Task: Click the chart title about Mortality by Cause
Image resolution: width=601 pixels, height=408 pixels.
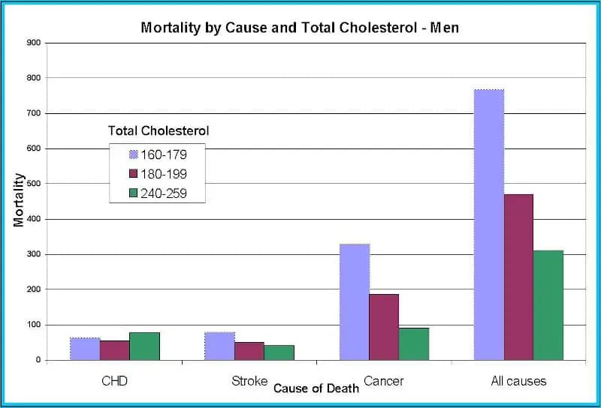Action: tap(300, 28)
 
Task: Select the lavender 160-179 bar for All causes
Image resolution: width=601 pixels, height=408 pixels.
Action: tap(489, 225)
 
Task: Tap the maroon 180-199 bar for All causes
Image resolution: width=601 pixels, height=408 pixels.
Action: tap(518, 277)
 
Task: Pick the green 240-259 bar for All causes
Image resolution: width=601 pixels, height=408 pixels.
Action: tap(548, 305)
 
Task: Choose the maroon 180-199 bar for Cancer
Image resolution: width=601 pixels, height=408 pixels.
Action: tap(384, 327)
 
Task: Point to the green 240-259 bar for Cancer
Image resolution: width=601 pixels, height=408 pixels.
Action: tap(414, 343)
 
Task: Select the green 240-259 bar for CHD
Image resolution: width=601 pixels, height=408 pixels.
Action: tap(144, 346)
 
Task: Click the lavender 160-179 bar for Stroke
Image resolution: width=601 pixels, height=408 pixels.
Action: tap(219, 346)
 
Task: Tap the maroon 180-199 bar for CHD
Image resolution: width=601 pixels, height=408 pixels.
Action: tap(114, 350)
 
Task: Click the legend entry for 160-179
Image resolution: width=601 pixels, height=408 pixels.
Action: tap(158, 154)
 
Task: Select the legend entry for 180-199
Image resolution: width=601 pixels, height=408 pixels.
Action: tap(158, 173)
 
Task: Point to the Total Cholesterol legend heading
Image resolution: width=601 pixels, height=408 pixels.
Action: tap(159, 130)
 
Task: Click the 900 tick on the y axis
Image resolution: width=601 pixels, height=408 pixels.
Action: tap(33, 43)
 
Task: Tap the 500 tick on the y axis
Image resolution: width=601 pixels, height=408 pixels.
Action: tap(33, 184)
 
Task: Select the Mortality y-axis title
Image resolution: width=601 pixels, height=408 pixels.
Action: tap(19, 200)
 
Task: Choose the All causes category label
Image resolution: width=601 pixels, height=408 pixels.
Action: tap(518, 381)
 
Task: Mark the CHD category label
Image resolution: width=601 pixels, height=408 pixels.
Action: tap(114, 381)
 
